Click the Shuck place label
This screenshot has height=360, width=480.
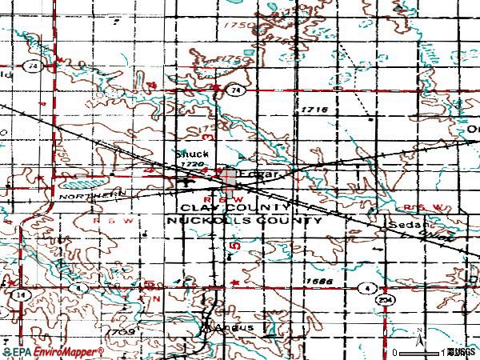tap(186, 154)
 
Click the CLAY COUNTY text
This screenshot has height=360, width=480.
tap(227, 207)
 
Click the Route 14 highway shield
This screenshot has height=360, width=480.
tap(14, 294)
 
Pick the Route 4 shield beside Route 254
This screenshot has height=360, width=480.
tap(366, 286)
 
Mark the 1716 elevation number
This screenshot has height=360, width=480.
tap(315, 109)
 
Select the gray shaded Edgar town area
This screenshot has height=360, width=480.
tap(230, 182)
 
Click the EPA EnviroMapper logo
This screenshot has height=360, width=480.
tap(53, 351)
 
